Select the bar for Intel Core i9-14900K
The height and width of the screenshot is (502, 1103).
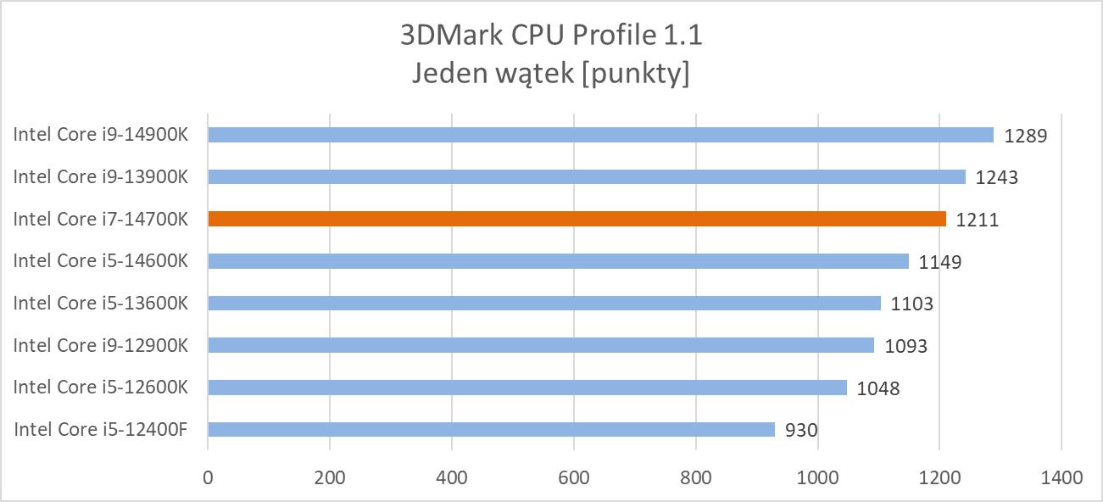click(600, 135)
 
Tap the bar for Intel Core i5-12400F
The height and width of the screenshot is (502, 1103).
click(491, 429)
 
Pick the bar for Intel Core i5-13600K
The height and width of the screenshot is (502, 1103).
click(544, 303)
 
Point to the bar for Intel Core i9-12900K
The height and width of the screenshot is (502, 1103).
click(541, 345)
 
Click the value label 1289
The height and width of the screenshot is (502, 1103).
click(1026, 136)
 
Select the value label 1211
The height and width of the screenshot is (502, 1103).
click(977, 220)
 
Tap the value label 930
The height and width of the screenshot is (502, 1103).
click(801, 430)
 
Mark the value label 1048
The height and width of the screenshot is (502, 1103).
click(877, 388)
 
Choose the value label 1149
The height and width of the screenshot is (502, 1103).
click(939, 262)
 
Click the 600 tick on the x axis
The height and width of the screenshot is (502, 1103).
click(573, 477)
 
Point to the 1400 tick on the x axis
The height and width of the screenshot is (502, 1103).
click(1061, 477)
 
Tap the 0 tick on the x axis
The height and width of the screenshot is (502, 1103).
click(208, 477)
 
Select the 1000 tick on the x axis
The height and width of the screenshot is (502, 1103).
click(817, 477)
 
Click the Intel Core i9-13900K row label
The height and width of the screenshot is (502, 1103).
click(100, 176)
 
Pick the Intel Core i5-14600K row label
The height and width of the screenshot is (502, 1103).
click(100, 260)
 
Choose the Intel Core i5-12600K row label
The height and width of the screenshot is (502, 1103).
click(100, 387)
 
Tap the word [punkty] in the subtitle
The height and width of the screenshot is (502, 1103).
click(638, 74)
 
